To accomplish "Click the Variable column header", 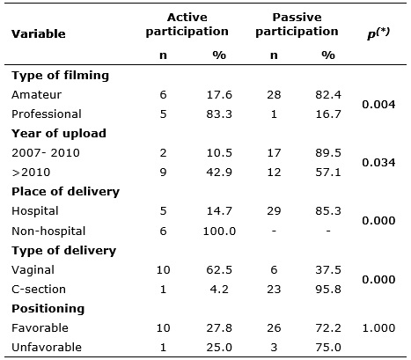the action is point(39,34).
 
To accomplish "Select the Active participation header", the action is point(187,25).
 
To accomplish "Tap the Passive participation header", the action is point(297,25).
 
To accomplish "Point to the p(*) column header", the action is point(378,33).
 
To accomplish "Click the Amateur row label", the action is point(37,95).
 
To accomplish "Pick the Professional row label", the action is point(47,114).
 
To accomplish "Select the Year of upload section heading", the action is point(59,134).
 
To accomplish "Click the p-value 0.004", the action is point(378,105).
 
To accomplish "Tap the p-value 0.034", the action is point(378,163).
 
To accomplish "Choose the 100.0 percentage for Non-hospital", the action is point(219,231).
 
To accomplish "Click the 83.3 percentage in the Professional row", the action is point(219,114).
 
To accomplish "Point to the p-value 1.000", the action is point(378,327).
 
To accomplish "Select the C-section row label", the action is point(39,290).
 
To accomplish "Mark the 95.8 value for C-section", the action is point(328,290).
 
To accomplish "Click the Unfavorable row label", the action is point(47,347).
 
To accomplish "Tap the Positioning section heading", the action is point(48,309).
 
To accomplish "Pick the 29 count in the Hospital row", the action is point(274,211).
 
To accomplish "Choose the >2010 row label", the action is point(31,173).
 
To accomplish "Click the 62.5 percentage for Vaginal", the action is point(219,270).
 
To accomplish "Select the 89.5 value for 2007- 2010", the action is point(328,153).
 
